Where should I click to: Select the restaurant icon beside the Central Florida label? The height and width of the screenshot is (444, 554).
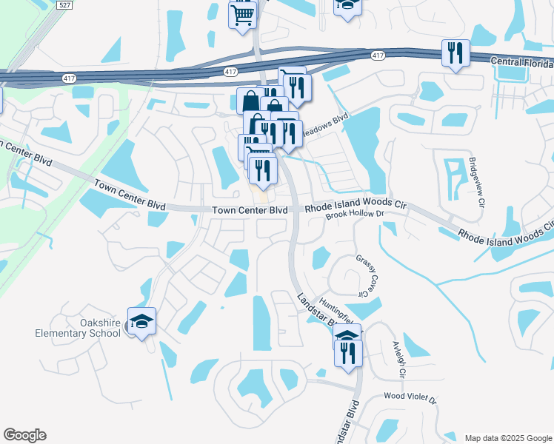455,53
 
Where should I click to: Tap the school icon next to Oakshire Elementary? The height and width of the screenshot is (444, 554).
141,321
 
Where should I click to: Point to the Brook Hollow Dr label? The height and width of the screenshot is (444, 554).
357,214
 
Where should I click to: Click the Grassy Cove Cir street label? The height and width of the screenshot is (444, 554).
363,276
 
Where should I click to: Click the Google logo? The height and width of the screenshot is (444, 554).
24,435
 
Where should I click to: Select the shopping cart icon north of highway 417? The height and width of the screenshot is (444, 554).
243,15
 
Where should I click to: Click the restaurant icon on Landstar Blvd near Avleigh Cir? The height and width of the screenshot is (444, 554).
348,351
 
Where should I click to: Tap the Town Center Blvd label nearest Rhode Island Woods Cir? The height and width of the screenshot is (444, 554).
250,211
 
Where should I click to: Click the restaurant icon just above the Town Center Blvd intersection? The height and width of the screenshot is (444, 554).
263,170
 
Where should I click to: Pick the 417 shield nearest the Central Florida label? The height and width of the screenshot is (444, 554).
378,56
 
